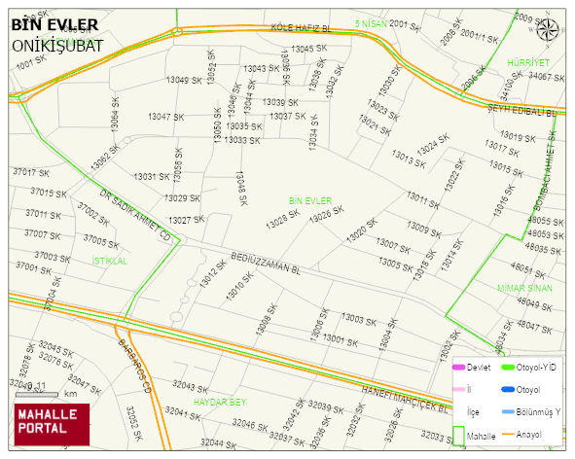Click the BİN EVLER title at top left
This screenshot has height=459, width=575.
point(54,24)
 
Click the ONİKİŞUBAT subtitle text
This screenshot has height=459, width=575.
point(57,45)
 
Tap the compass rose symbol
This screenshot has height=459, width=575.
point(550,30)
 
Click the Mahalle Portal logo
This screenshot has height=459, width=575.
point(51,422)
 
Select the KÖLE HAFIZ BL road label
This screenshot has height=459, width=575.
point(301,30)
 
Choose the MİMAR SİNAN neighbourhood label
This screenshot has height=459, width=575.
point(524,288)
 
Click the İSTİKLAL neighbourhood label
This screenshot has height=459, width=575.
point(110,261)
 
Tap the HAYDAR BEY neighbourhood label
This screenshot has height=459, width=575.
point(220,401)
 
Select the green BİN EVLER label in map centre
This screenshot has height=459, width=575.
point(310,200)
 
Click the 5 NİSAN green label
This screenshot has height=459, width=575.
point(371,22)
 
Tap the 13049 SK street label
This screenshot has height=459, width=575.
point(170,80)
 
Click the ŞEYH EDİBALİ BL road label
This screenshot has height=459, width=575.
point(521,111)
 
